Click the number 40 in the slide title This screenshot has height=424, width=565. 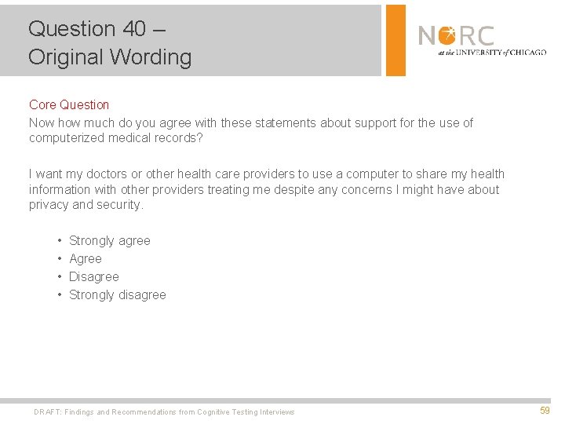pyautogui.click(x=133, y=29)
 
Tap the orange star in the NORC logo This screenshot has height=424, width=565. pyautogui.click(x=448, y=35)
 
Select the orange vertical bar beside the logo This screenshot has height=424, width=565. pyautogui.click(x=396, y=39)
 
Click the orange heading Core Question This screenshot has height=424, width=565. pyautogui.click(x=69, y=104)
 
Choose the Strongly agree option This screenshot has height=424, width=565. pyautogui.click(x=110, y=241)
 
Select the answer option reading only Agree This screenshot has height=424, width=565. pyautogui.click(x=86, y=259)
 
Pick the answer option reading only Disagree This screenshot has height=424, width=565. pyautogui.click(x=94, y=277)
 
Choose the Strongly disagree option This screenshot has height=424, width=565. pyautogui.click(x=118, y=295)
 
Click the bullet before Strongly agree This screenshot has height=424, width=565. pyautogui.click(x=60, y=241)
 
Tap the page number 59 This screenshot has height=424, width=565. pyautogui.click(x=545, y=411)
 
